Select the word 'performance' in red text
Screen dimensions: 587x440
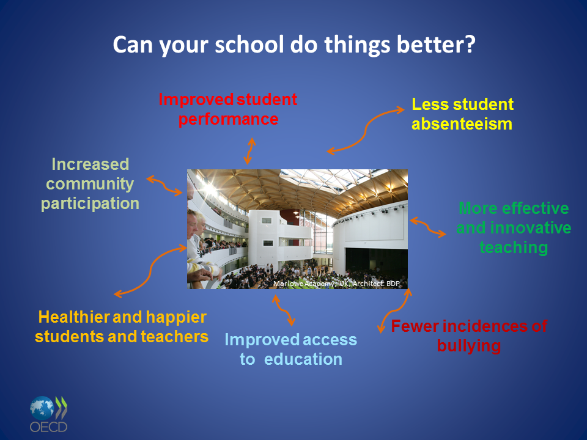pyautogui.click(x=228, y=120)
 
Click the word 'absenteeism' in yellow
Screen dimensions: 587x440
pyautogui.click(x=462, y=124)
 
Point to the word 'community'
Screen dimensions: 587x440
pyautogui.click(x=90, y=184)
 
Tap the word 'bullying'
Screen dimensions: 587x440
pyautogui.click(x=469, y=346)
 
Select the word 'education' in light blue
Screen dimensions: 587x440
pyautogui.click(x=303, y=359)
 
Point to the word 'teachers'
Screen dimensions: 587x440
pyautogui.click(x=175, y=337)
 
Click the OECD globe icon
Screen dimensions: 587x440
pyautogui.click(x=42, y=408)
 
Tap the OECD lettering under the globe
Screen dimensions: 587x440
pyautogui.click(x=49, y=427)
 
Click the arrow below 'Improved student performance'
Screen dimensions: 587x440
pyautogui.click(x=249, y=151)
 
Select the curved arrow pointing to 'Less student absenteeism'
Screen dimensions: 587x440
pyautogui.click(x=365, y=131)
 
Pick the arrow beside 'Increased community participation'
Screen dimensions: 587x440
pyautogui.click(x=164, y=186)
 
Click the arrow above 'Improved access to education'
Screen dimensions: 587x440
pyautogui.click(x=284, y=310)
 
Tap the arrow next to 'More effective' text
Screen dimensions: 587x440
pyautogui.click(x=428, y=227)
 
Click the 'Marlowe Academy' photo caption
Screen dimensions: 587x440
pyautogui.click(x=336, y=284)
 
